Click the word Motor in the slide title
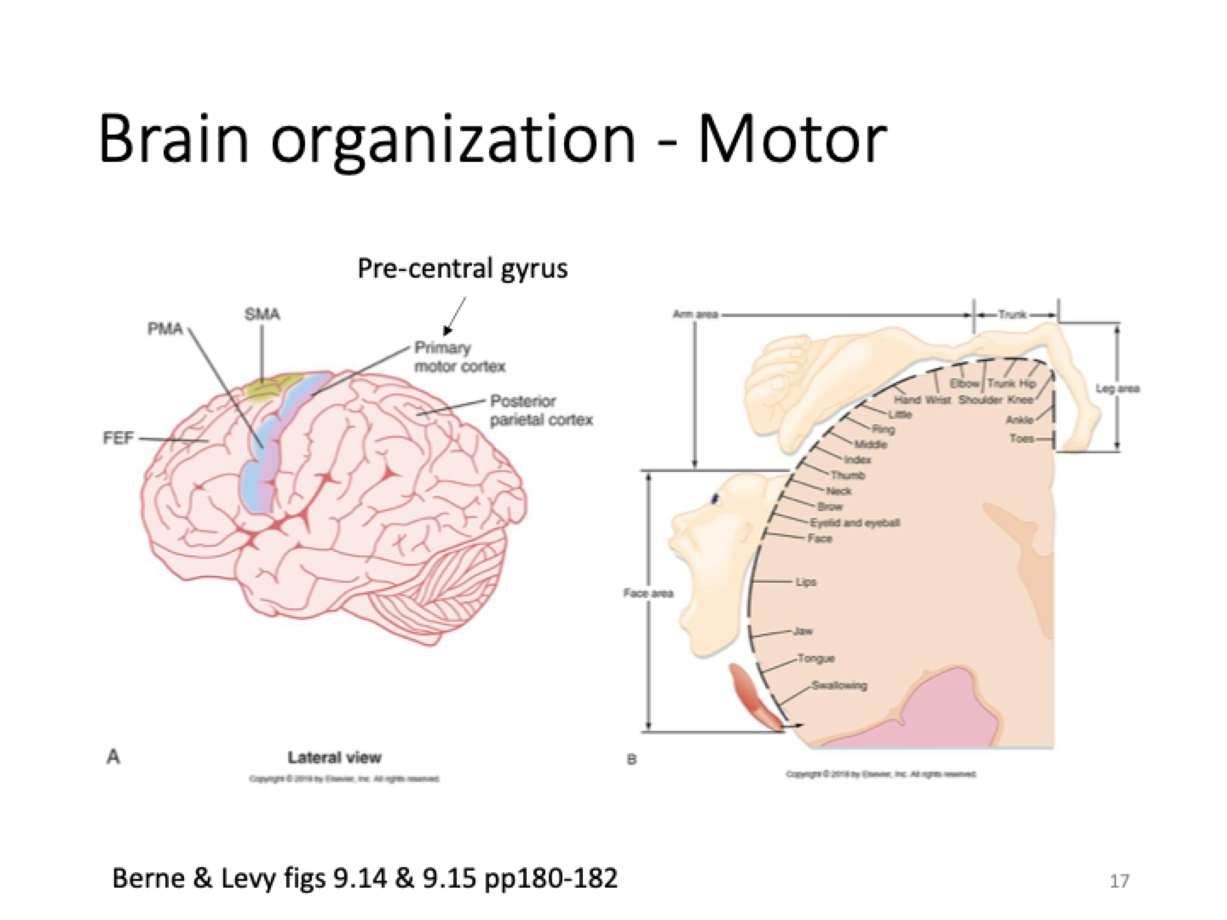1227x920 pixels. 792,138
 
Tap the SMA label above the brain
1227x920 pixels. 262,314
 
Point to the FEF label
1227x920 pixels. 118,439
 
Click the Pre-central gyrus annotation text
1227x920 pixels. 462,269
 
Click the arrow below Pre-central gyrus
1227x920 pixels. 454,315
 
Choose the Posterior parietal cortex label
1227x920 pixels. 541,410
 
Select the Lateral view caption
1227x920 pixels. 334,757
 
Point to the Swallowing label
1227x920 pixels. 839,685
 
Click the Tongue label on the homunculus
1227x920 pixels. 816,658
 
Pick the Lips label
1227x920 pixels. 805,582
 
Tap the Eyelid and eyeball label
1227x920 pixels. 854,522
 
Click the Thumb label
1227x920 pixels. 848,475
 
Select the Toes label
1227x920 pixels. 1022,439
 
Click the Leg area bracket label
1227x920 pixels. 1117,388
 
